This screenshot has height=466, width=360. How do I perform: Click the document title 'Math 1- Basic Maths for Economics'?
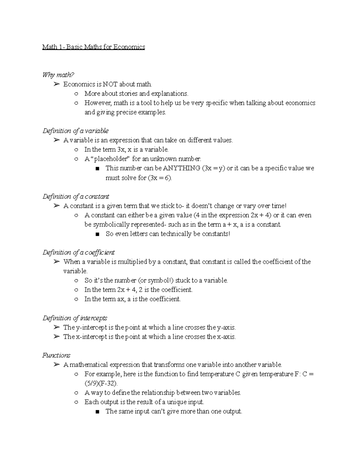point(94,47)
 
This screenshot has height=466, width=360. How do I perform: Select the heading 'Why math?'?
point(58,75)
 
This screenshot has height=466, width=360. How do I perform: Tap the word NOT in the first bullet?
point(110,84)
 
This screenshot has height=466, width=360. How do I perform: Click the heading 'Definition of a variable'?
point(76,131)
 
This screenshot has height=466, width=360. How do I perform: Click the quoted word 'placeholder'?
point(110,159)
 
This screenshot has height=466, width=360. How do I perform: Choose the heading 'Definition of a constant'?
point(76,197)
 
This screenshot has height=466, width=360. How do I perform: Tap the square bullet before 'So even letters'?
point(97,234)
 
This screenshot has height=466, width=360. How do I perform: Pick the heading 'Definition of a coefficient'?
point(79,253)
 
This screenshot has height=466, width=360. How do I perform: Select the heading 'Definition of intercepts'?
point(75,318)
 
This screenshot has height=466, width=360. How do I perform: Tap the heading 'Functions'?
point(56,356)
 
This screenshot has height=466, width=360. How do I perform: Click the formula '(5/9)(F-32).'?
point(101,383)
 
